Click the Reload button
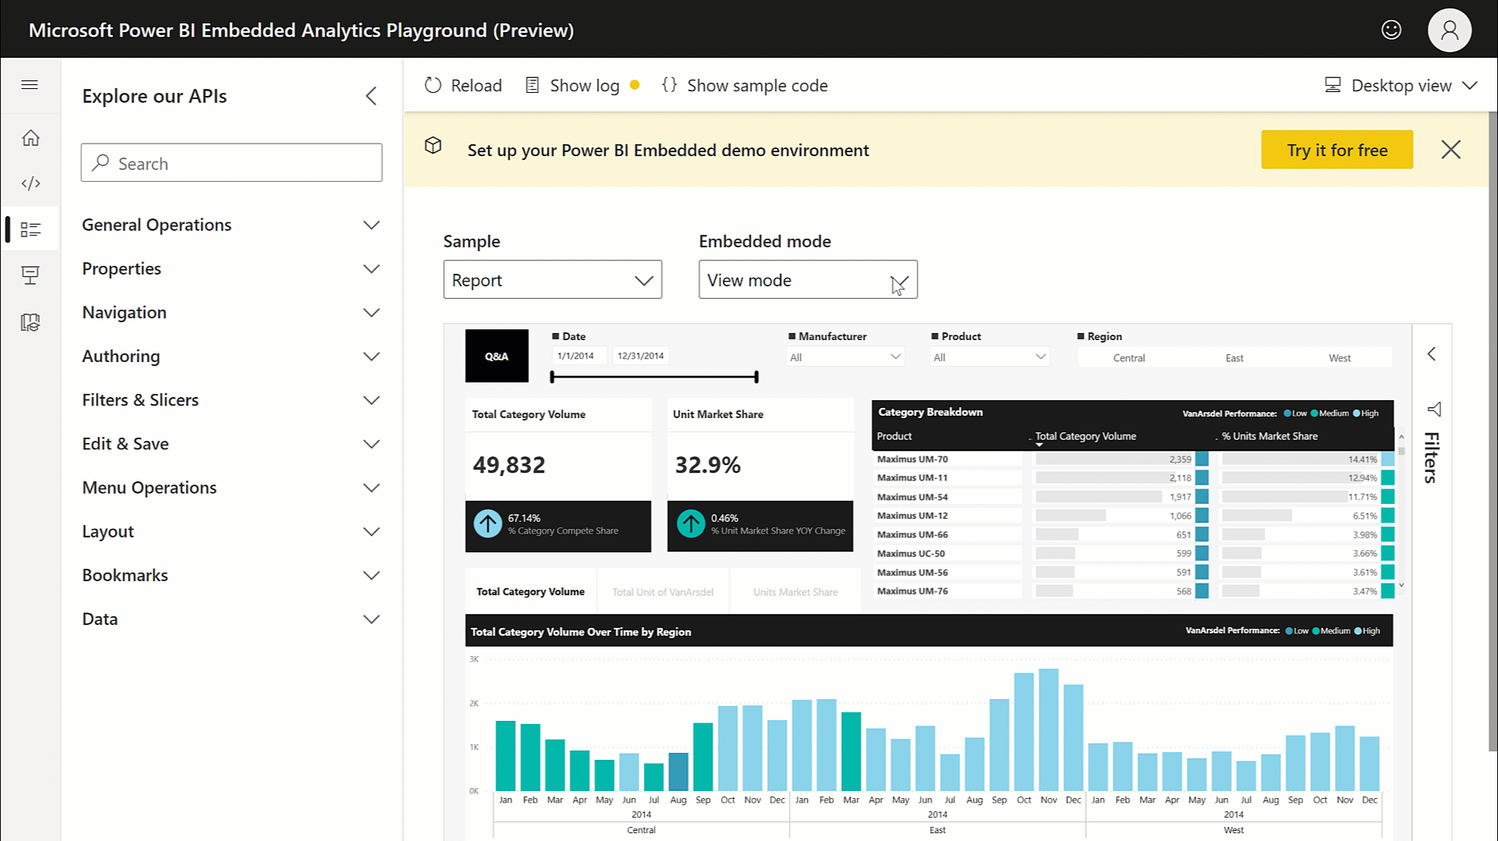click(463, 86)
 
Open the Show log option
click(574, 86)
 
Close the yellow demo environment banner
click(1450, 150)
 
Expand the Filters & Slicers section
click(230, 400)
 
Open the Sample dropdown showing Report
click(552, 280)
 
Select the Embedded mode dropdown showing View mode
click(808, 280)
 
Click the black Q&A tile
click(497, 357)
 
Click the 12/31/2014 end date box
click(641, 356)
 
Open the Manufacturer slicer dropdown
click(845, 357)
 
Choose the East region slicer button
click(1234, 358)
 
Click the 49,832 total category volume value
click(509, 465)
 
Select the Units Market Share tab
click(795, 592)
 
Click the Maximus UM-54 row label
click(912, 497)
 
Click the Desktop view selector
click(1400, 86)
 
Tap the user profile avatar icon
click(1449, 30)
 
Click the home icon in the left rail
click(30, 138)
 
